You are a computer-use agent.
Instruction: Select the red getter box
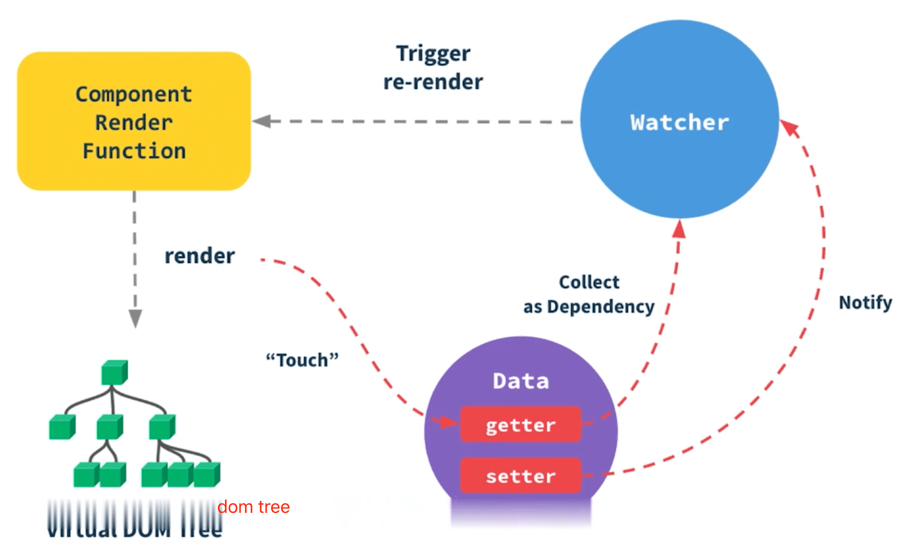[x=520, y=425]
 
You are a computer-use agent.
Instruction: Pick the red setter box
[x=520, y=476]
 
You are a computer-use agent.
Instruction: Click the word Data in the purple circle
[x=521, y=381]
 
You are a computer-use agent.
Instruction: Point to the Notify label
[x=865, y=303]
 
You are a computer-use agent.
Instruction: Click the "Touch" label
[x=302, y=360]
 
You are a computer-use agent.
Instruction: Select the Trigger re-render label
[x=433, y=68]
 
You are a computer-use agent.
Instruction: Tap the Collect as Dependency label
[x=589, y=295]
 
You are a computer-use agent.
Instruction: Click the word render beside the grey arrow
[x=199, y=256]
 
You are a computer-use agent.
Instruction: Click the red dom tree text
[x=254, y=507]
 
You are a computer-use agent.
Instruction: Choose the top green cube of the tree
[x=114, y=372]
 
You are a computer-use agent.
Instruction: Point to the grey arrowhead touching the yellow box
[x=262, y=121]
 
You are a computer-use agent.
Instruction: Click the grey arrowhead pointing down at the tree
[x=135, y=318]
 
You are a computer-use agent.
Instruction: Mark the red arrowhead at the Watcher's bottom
[x=680, y=229]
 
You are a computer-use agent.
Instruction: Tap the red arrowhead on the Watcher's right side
[x=790, y=127]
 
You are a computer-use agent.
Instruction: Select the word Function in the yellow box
[x=134, y=151]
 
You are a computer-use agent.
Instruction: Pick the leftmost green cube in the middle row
[x=62, y=427]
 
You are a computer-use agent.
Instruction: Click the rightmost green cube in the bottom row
[x=206, y=474]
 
